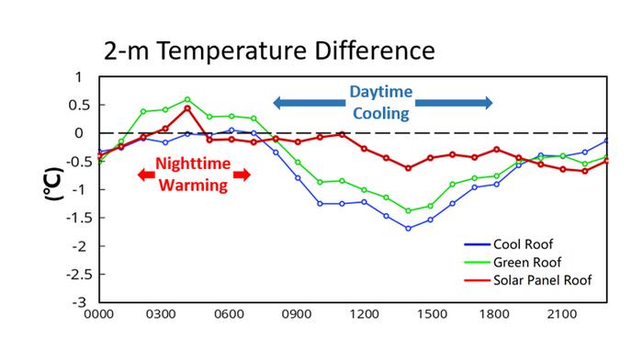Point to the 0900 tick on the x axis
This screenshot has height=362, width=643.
(x=298, y=314)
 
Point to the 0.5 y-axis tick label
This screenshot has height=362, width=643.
(x=79, y=105)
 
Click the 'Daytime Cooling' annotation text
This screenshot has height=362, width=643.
(x=380, y=102)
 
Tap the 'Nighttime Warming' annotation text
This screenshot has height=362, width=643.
(x=193, y=174)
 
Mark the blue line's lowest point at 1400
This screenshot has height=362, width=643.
(x=408, y=228)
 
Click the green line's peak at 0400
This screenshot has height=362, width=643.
(x=187, y=99)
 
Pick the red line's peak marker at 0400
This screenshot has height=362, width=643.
(x=187, y=107)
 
